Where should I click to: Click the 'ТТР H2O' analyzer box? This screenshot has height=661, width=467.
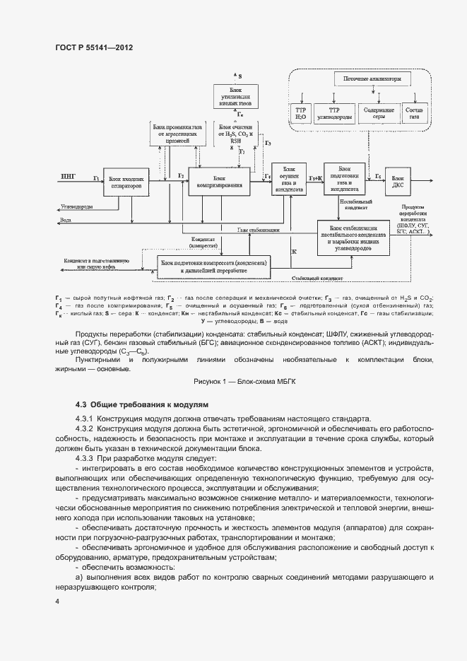300,114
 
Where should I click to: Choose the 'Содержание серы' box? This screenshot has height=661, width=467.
379,114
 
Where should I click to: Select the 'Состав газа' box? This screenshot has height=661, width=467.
416,114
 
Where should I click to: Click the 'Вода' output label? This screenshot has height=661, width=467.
66,220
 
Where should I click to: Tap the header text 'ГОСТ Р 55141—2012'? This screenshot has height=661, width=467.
94,47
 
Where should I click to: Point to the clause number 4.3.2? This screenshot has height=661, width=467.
84,428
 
